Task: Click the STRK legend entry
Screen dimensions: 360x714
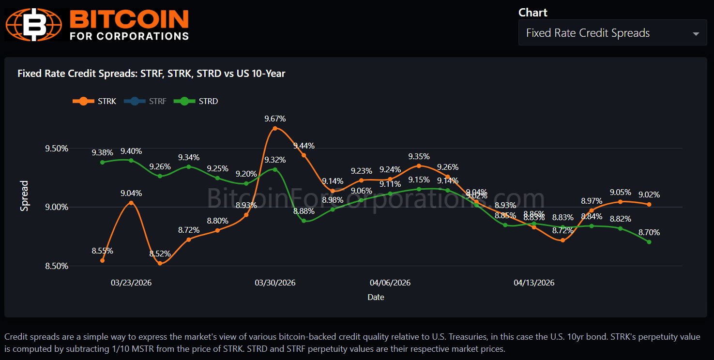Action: pos(95,101)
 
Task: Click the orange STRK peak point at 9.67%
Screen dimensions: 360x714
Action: pos(275,128)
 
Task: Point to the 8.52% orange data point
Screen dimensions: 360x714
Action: pos(160,263)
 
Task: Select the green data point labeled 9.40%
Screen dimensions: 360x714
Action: pos(131,160)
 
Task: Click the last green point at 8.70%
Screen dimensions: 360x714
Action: pos(649,242)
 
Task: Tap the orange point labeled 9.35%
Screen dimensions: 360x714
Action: pos(419,165)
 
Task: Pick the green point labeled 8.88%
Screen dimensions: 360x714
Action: pos(304,221)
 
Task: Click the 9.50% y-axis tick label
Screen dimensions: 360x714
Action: pos(57,149)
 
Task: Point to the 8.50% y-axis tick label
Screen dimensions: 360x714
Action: pos(57,266)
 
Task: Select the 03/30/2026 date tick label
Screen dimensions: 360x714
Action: pos(275,283)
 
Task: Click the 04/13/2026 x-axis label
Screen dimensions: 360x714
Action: pos(534,283)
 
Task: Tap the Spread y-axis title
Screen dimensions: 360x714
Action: pos(25,196)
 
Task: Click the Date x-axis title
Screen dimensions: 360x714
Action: pos(376,297)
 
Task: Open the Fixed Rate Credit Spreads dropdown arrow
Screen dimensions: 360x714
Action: pos(696,34)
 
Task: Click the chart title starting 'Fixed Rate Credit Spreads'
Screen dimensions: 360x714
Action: pos(152,74)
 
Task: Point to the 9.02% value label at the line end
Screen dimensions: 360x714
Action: pos(649,195)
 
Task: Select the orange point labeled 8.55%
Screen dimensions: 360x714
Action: pos(102,260)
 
